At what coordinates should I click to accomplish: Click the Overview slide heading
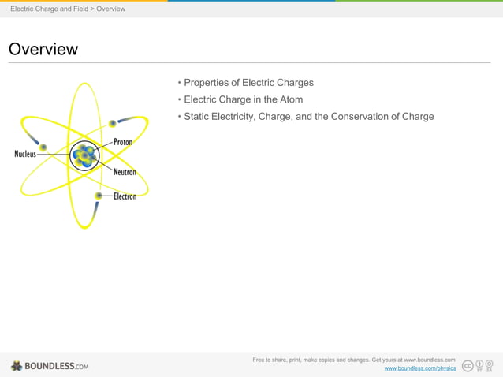coord(43,50)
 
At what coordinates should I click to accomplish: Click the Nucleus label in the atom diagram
coord(25,154)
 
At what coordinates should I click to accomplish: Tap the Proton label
coord(123,142)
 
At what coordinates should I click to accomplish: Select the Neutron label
coord(125,172)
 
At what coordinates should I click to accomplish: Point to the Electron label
coord(125,196)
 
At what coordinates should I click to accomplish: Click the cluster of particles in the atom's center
coord(83,155)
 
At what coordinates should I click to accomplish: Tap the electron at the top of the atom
coord(113,123)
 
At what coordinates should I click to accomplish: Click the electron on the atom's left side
coord(43,147)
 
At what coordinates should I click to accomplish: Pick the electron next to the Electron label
coord(99,195)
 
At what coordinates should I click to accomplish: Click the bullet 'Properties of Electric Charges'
coord(248,83)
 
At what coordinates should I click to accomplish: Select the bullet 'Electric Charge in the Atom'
coord(243,99)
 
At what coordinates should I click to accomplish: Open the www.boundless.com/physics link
coord(419,368)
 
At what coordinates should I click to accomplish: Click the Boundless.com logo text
coord(56,366)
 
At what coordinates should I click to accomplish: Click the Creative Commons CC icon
coord(468,365)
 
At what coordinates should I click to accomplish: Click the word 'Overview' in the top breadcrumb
coord(110,9)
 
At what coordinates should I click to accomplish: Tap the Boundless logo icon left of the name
coord(17,366)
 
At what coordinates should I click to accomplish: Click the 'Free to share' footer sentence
coord(354,360)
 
